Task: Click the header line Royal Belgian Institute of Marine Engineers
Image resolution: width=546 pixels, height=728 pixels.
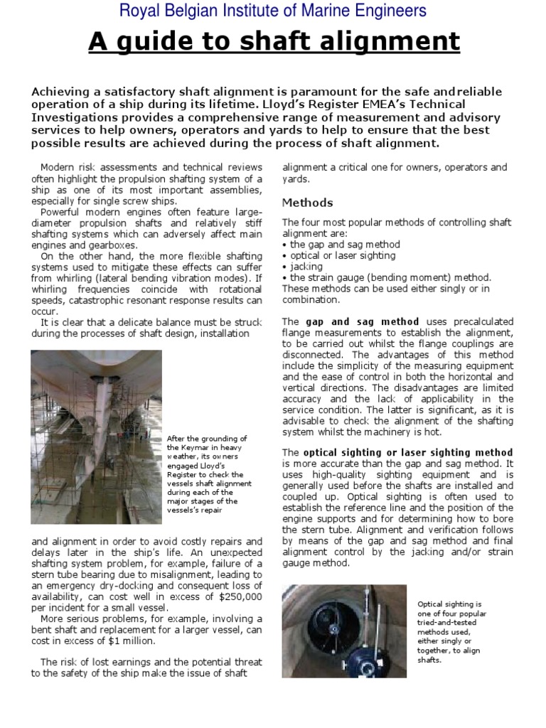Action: [273, 11]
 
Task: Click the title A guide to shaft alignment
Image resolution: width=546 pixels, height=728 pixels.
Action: [274, 42]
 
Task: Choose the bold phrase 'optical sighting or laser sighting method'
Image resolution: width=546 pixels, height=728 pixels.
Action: [408, 452]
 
